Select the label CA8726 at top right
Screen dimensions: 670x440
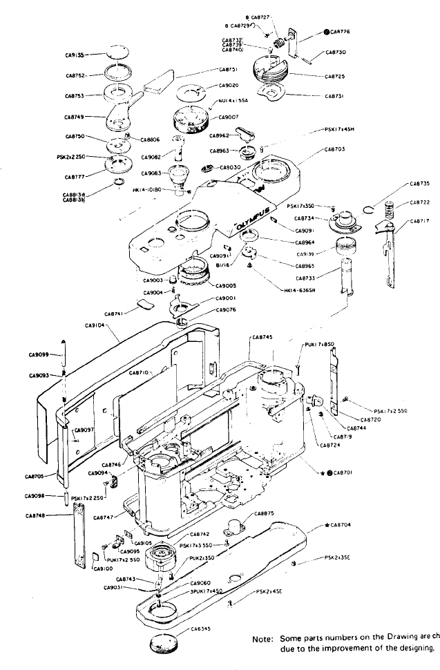point(340,32)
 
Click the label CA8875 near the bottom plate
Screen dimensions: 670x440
point(265,513)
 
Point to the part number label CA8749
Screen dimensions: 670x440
point(76,118)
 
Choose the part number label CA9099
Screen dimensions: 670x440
point(39,355)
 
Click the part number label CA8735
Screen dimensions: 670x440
point(419,183)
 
